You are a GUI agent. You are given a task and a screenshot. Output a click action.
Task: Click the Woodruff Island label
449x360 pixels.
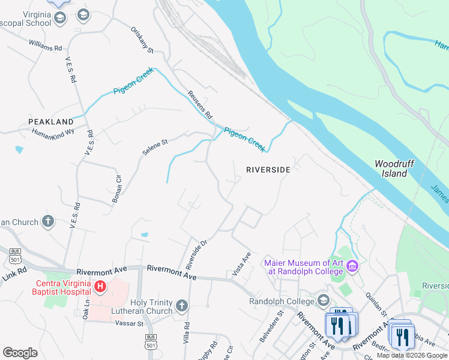point(391,169)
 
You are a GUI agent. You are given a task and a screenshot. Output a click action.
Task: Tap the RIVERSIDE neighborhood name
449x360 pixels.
point(268,170)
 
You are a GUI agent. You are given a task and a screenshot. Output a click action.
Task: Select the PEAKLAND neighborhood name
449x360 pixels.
point(51,122)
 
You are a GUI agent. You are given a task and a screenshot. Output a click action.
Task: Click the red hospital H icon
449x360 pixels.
point(100,287)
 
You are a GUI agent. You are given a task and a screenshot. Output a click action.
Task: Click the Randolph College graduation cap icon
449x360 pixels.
point(324,300)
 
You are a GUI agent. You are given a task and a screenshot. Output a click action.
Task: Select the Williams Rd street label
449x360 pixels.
point(46,44)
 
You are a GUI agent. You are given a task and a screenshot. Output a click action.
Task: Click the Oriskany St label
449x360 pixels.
point(142,39)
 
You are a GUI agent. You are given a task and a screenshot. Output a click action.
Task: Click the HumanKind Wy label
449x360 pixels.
point(53,133)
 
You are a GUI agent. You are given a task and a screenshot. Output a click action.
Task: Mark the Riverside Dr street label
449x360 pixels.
point(196,254)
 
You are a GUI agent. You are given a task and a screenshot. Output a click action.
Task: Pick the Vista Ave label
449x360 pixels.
point(241,264)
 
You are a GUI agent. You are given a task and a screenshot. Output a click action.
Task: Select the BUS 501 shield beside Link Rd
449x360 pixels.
point(15,256)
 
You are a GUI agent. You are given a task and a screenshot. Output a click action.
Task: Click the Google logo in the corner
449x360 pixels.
point(20,353)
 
